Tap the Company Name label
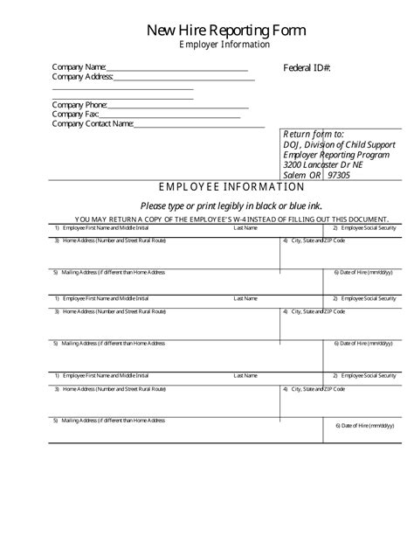[79, 67]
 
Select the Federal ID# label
[307, 68]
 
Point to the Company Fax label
[75, 115]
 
